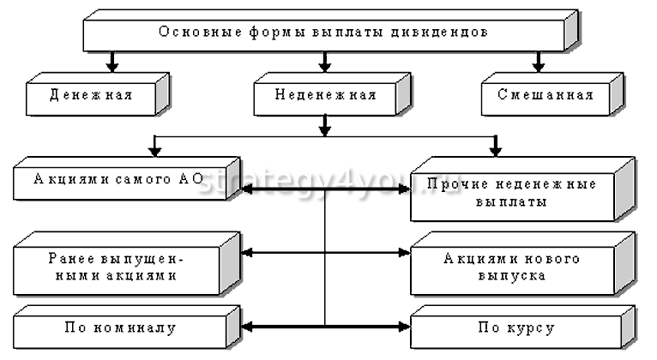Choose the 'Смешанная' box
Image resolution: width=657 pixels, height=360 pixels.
pyautogui.click(x=545, y=94)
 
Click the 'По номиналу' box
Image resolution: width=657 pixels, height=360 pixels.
pyautogui.click(x=120, y=328)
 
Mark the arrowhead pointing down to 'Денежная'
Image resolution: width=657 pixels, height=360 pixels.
pyautogui.click(x=111, y=65)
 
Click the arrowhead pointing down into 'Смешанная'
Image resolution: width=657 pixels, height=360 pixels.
pyautogui.click(x=538, y=65)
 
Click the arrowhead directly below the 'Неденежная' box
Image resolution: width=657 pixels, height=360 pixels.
pyautogui.click(x=324, y=130)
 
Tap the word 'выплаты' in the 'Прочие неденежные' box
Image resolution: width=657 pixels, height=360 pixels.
pyautogui.click(x=521, y=203)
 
